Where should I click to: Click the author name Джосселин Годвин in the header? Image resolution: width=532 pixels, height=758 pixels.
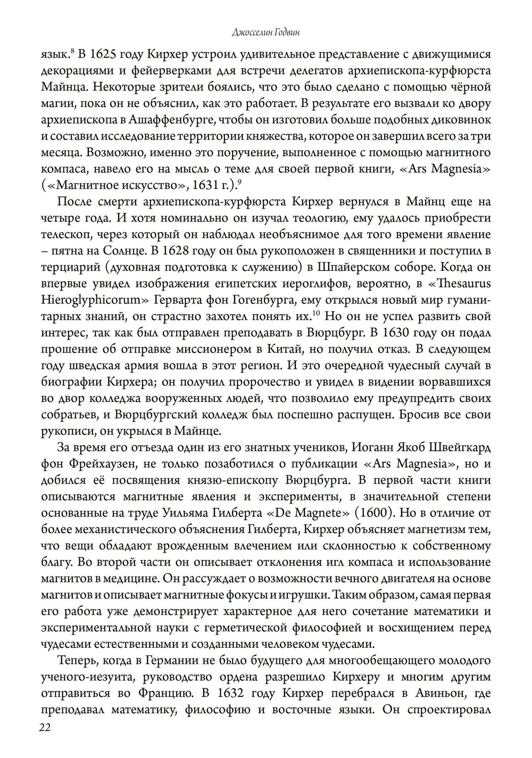[x=266, y=33]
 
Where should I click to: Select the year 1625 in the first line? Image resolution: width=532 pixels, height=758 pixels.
[x=102, y=54]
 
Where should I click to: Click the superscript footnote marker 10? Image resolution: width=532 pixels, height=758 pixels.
[x=315, y=312]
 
